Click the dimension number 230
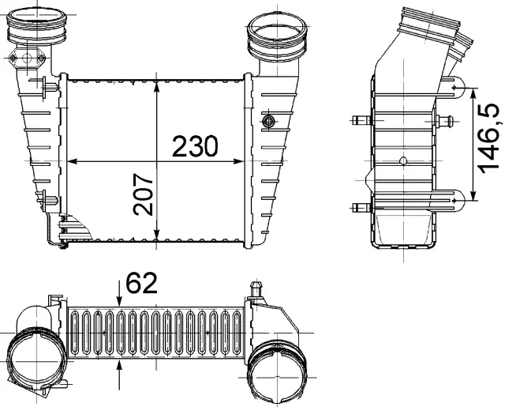195,146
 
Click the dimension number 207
143,194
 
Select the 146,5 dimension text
488,138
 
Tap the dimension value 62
141,283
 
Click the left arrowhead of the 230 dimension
72,161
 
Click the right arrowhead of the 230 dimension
238,161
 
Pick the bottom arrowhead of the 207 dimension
156,235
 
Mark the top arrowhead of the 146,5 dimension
473,93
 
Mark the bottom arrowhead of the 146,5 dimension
473,194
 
